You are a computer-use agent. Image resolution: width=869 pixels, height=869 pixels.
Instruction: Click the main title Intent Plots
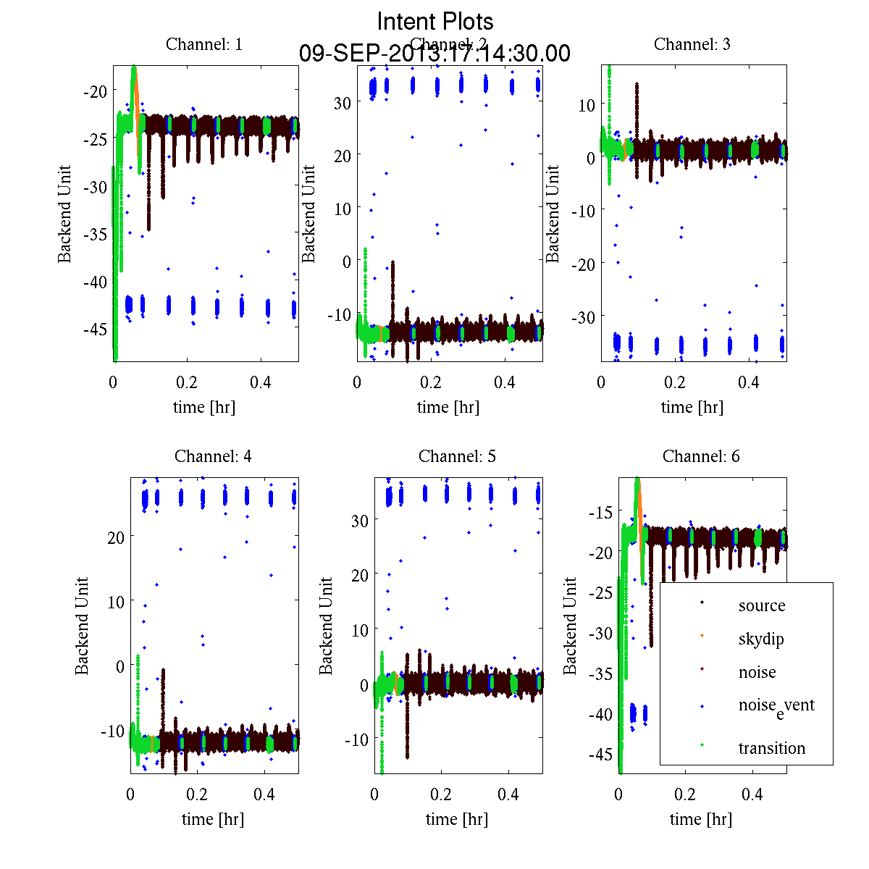[434, 21]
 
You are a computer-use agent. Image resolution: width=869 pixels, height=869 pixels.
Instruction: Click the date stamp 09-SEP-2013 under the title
[434, 54]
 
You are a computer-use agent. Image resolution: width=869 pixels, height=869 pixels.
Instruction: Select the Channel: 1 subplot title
[204, 44]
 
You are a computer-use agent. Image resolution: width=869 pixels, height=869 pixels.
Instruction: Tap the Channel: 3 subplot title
[692, 44]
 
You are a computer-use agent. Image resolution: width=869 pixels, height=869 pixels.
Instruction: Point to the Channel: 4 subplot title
[213, 456]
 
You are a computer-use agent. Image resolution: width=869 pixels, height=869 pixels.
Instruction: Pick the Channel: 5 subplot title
[457, 456]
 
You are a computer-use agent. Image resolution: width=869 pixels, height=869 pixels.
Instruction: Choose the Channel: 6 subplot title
[701, 456]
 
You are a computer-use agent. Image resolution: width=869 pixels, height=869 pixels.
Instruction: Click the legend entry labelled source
[761, 605]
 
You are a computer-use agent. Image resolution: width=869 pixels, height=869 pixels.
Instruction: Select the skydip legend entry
[760, 639]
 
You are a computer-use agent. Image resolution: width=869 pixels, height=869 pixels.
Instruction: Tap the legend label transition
[771, 748]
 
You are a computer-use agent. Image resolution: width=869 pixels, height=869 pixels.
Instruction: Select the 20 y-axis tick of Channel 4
[115, 537]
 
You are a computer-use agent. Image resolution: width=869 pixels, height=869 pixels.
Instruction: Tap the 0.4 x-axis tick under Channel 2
[505, 382]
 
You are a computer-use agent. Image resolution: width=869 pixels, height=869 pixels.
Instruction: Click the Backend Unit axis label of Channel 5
[326, 626]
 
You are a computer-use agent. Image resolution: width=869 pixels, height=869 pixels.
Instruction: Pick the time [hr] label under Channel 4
[213, 819]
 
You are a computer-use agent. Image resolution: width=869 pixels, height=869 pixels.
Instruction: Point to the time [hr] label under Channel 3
[692, 407]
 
